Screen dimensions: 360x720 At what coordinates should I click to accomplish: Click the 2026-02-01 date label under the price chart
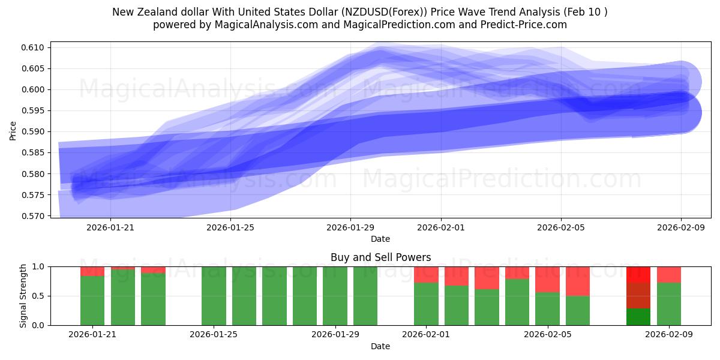[441, 227]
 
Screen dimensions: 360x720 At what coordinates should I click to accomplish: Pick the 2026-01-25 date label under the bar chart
[214, 335]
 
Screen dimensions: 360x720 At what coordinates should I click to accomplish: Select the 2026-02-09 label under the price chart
[681, 227]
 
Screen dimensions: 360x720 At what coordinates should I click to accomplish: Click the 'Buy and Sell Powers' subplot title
[380, 257]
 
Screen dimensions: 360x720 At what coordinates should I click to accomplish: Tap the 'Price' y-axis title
[13, 130]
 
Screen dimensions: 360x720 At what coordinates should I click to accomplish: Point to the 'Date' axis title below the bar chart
[380, 346]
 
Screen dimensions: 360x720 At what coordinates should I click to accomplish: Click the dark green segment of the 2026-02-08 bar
[638, 317]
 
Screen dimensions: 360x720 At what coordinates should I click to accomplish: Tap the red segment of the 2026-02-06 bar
[578, 281]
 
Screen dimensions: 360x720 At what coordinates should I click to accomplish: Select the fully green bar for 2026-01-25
[214, 296]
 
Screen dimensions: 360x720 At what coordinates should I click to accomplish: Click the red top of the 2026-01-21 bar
[92, 271]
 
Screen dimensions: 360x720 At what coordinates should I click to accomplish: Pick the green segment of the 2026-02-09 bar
[669, 304]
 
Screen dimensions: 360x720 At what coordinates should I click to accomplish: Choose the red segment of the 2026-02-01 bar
[426, 274]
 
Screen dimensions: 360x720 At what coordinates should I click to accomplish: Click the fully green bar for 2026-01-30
[365, 296]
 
